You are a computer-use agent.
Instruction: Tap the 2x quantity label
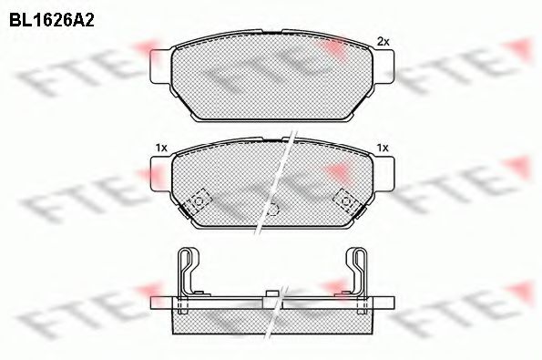tap(383, 41)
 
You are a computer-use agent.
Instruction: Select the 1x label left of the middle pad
tap(161, 148)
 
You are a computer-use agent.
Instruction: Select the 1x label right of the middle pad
tap(383, 148)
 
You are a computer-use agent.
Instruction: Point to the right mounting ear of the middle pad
tap(384, 174)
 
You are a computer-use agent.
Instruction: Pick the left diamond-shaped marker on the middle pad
tap(199, 201)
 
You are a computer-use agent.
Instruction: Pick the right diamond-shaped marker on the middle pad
tap(345, 201)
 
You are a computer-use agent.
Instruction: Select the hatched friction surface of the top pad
tap(271, 82)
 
